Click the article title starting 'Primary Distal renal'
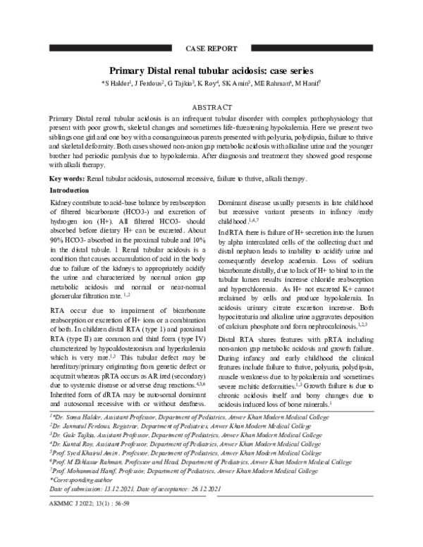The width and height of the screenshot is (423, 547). (x=211, y=71)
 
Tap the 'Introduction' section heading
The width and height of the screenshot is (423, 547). (x=69, y=191)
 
